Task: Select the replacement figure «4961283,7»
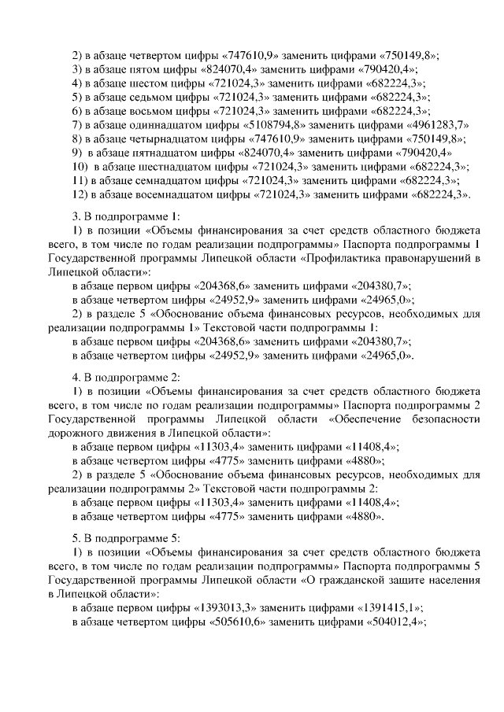click(432, 125)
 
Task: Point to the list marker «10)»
click(79, 167)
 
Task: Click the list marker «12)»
click(79, 194)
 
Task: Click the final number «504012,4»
click(393, 622)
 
